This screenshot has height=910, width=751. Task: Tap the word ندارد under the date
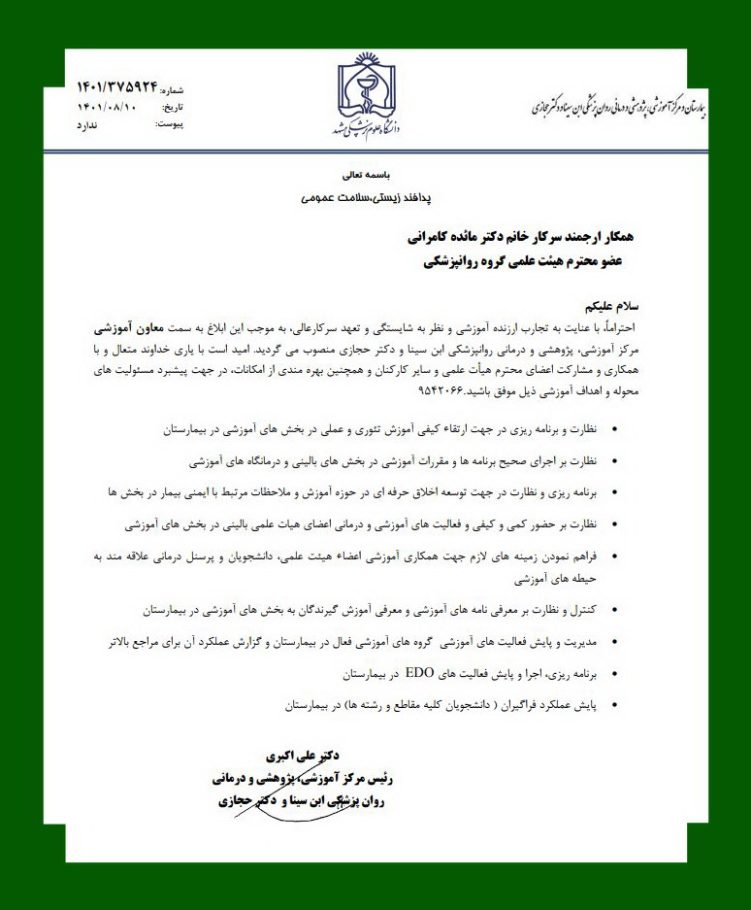87,125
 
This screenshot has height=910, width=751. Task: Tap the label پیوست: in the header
171,125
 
